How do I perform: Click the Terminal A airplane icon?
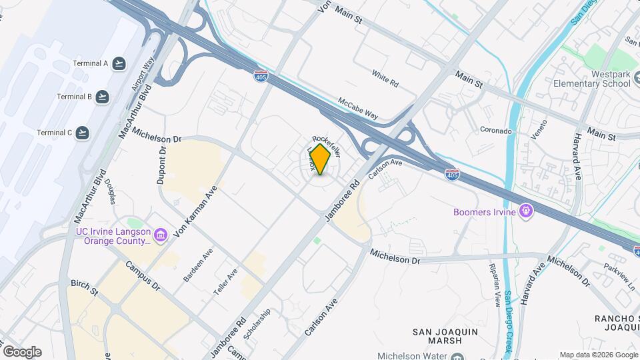coord(119,64)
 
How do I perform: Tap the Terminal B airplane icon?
coord(103,97)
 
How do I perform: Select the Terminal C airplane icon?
coord(83,133)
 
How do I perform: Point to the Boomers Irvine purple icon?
coord(526,211)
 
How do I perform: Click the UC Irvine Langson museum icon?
coord(160,235)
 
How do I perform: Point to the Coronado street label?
coord(495,131)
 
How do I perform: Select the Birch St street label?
coord(84,287)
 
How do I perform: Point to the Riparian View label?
coord(497,289)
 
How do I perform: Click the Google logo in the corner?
coord(22,351)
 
